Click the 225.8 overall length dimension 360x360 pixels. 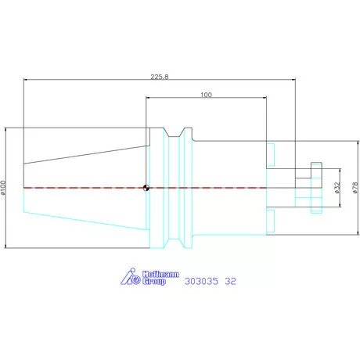click(160, 77)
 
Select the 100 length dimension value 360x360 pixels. click(206, 95)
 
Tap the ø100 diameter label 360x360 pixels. click(3, 188)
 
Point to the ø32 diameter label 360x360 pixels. click(337, 188)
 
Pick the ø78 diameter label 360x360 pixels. click(355, 188)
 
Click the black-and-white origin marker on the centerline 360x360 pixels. click(146, 188)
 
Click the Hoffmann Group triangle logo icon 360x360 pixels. click(131, 276)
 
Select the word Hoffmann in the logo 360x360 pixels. click(160, 274)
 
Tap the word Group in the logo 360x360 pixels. click(154, 281)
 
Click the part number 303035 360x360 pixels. click(201, 281)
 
